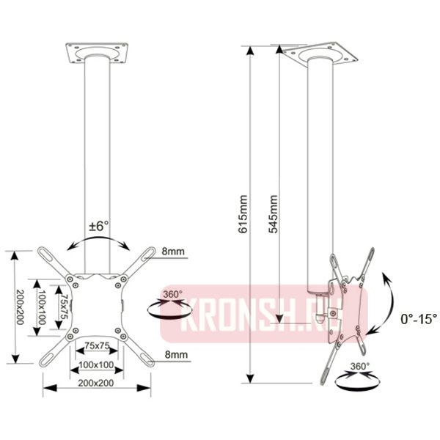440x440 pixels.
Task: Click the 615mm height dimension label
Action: click(x=243, y=214)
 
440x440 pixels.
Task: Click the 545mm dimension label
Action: click(x=273, y=214)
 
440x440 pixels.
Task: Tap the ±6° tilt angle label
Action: click(x=99, y=226)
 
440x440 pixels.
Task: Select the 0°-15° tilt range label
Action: click(x=419, y=319)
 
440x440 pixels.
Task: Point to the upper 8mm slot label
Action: click(x=173, y=251)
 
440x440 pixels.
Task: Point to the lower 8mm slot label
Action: click(x=176, y=354)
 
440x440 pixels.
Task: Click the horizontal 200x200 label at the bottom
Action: click(x=96, y=383)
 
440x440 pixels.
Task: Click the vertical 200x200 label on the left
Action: click(x=20, y=307)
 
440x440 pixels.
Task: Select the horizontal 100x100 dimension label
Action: click(x=96, y=364)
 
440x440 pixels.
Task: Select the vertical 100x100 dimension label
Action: click(x=42, y=307)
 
